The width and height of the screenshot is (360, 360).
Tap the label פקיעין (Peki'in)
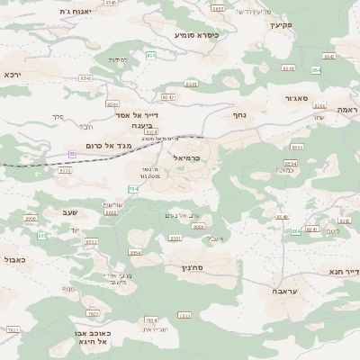pos(281,25)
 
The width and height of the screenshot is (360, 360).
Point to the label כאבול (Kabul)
pos(14,258)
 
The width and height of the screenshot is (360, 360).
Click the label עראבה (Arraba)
pos(273,292)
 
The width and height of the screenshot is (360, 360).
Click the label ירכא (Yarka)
pos(12,74)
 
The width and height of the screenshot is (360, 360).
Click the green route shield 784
pos(133,189)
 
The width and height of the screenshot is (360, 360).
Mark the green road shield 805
pos(41,235)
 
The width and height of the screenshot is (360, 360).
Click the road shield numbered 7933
pos(184,315)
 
